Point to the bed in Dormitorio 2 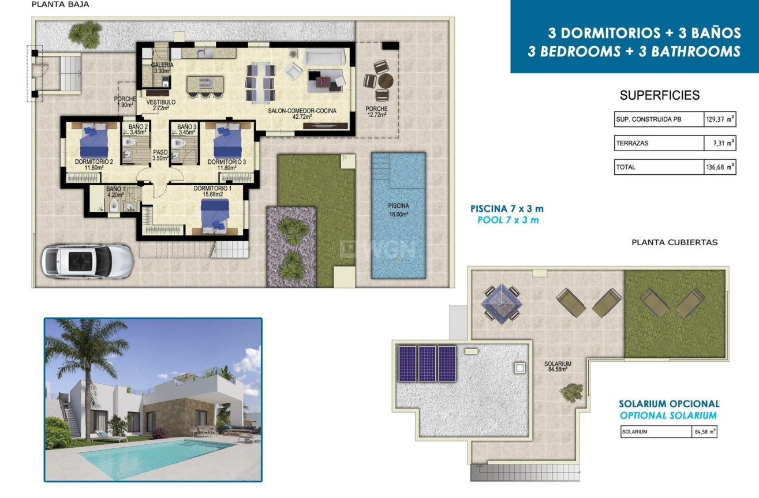[x=94, y=140]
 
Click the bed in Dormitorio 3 [x=228, y=140]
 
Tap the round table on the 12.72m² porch [x=385, y=80]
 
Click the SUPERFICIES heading [x=659, y=96]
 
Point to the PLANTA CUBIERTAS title [x=675, y=242]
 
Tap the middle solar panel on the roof [x=427, y=364]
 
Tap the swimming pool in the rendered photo [x=156, y=456]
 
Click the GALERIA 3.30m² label [x=162, y=68]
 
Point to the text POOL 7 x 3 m [x=507, y=220]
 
